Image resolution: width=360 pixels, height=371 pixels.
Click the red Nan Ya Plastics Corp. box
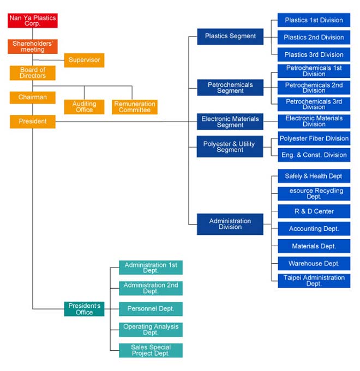click(33, 21)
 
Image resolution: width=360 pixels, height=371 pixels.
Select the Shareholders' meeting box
click(33, 46)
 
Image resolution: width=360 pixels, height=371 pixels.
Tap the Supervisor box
click(85, 60)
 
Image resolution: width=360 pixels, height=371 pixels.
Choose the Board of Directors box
click(33, 73)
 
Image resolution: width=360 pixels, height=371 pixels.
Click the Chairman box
click(33, 98)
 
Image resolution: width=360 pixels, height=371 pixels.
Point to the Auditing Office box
click(85, 107)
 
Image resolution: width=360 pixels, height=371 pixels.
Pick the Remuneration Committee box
click(135, 107)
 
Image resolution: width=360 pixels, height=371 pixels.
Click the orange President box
click(33, 121)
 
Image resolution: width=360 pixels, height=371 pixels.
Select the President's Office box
click(85, 309)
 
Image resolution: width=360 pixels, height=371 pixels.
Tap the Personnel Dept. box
click(151, 309)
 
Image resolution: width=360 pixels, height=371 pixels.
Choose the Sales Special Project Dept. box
click(151, 350)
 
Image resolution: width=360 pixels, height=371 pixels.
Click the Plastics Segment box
click(230, 37)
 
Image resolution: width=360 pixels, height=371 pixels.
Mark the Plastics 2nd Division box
click(314, 38)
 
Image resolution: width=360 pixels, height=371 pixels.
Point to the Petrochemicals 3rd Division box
click(314, 104)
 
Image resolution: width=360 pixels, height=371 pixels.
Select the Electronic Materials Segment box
click(230, 121)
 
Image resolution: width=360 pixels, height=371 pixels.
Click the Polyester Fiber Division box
click(314, 138)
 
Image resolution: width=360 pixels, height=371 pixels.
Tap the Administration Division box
click(230, 224)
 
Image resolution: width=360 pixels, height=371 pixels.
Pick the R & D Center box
click(314, 211)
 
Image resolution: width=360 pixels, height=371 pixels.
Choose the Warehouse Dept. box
click(314, 263)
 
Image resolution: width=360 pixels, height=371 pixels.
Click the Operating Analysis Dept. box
click(151, 330)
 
